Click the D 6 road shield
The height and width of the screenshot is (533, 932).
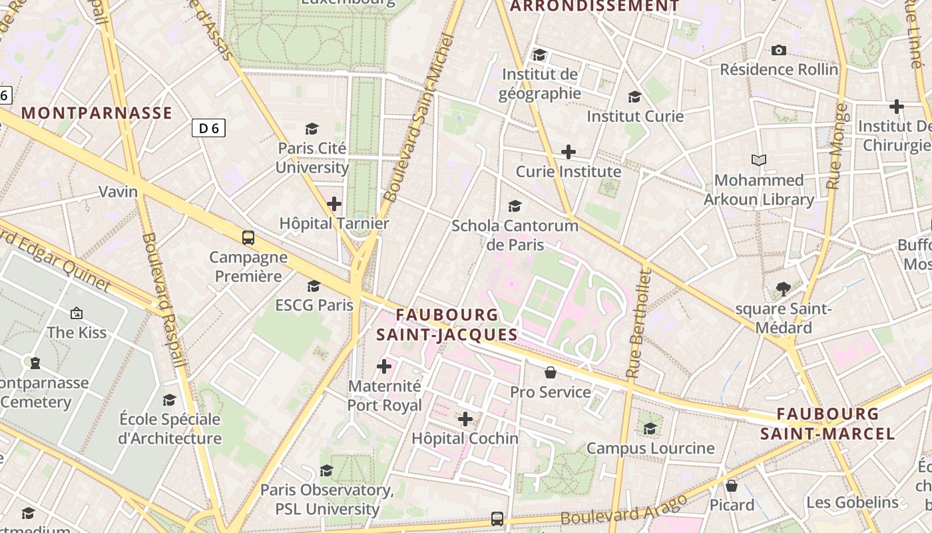click(208, 128)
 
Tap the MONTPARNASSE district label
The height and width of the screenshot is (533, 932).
click(97, 113)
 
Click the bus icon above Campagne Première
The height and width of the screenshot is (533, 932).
click(248, 237)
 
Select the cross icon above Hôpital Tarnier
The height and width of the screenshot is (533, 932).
click(334, 204)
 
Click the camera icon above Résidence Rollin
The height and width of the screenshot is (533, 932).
click(778, 50)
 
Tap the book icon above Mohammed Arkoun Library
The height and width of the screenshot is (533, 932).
click(759, 160)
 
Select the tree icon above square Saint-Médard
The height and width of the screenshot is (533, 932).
click(784, 289)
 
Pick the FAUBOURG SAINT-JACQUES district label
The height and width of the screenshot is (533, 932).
click(447, 324)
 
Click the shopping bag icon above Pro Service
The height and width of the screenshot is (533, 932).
click(550, 372)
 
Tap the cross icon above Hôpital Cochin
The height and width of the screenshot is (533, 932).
click(465, 419)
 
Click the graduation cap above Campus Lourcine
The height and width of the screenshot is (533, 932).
click(650, 428)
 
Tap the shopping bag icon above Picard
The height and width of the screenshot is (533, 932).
click(732, 486)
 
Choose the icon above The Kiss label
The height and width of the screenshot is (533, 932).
click(77, 312)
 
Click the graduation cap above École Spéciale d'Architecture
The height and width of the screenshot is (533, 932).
click(170, 400)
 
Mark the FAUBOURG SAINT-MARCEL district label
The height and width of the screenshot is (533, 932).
click(827, 424)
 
